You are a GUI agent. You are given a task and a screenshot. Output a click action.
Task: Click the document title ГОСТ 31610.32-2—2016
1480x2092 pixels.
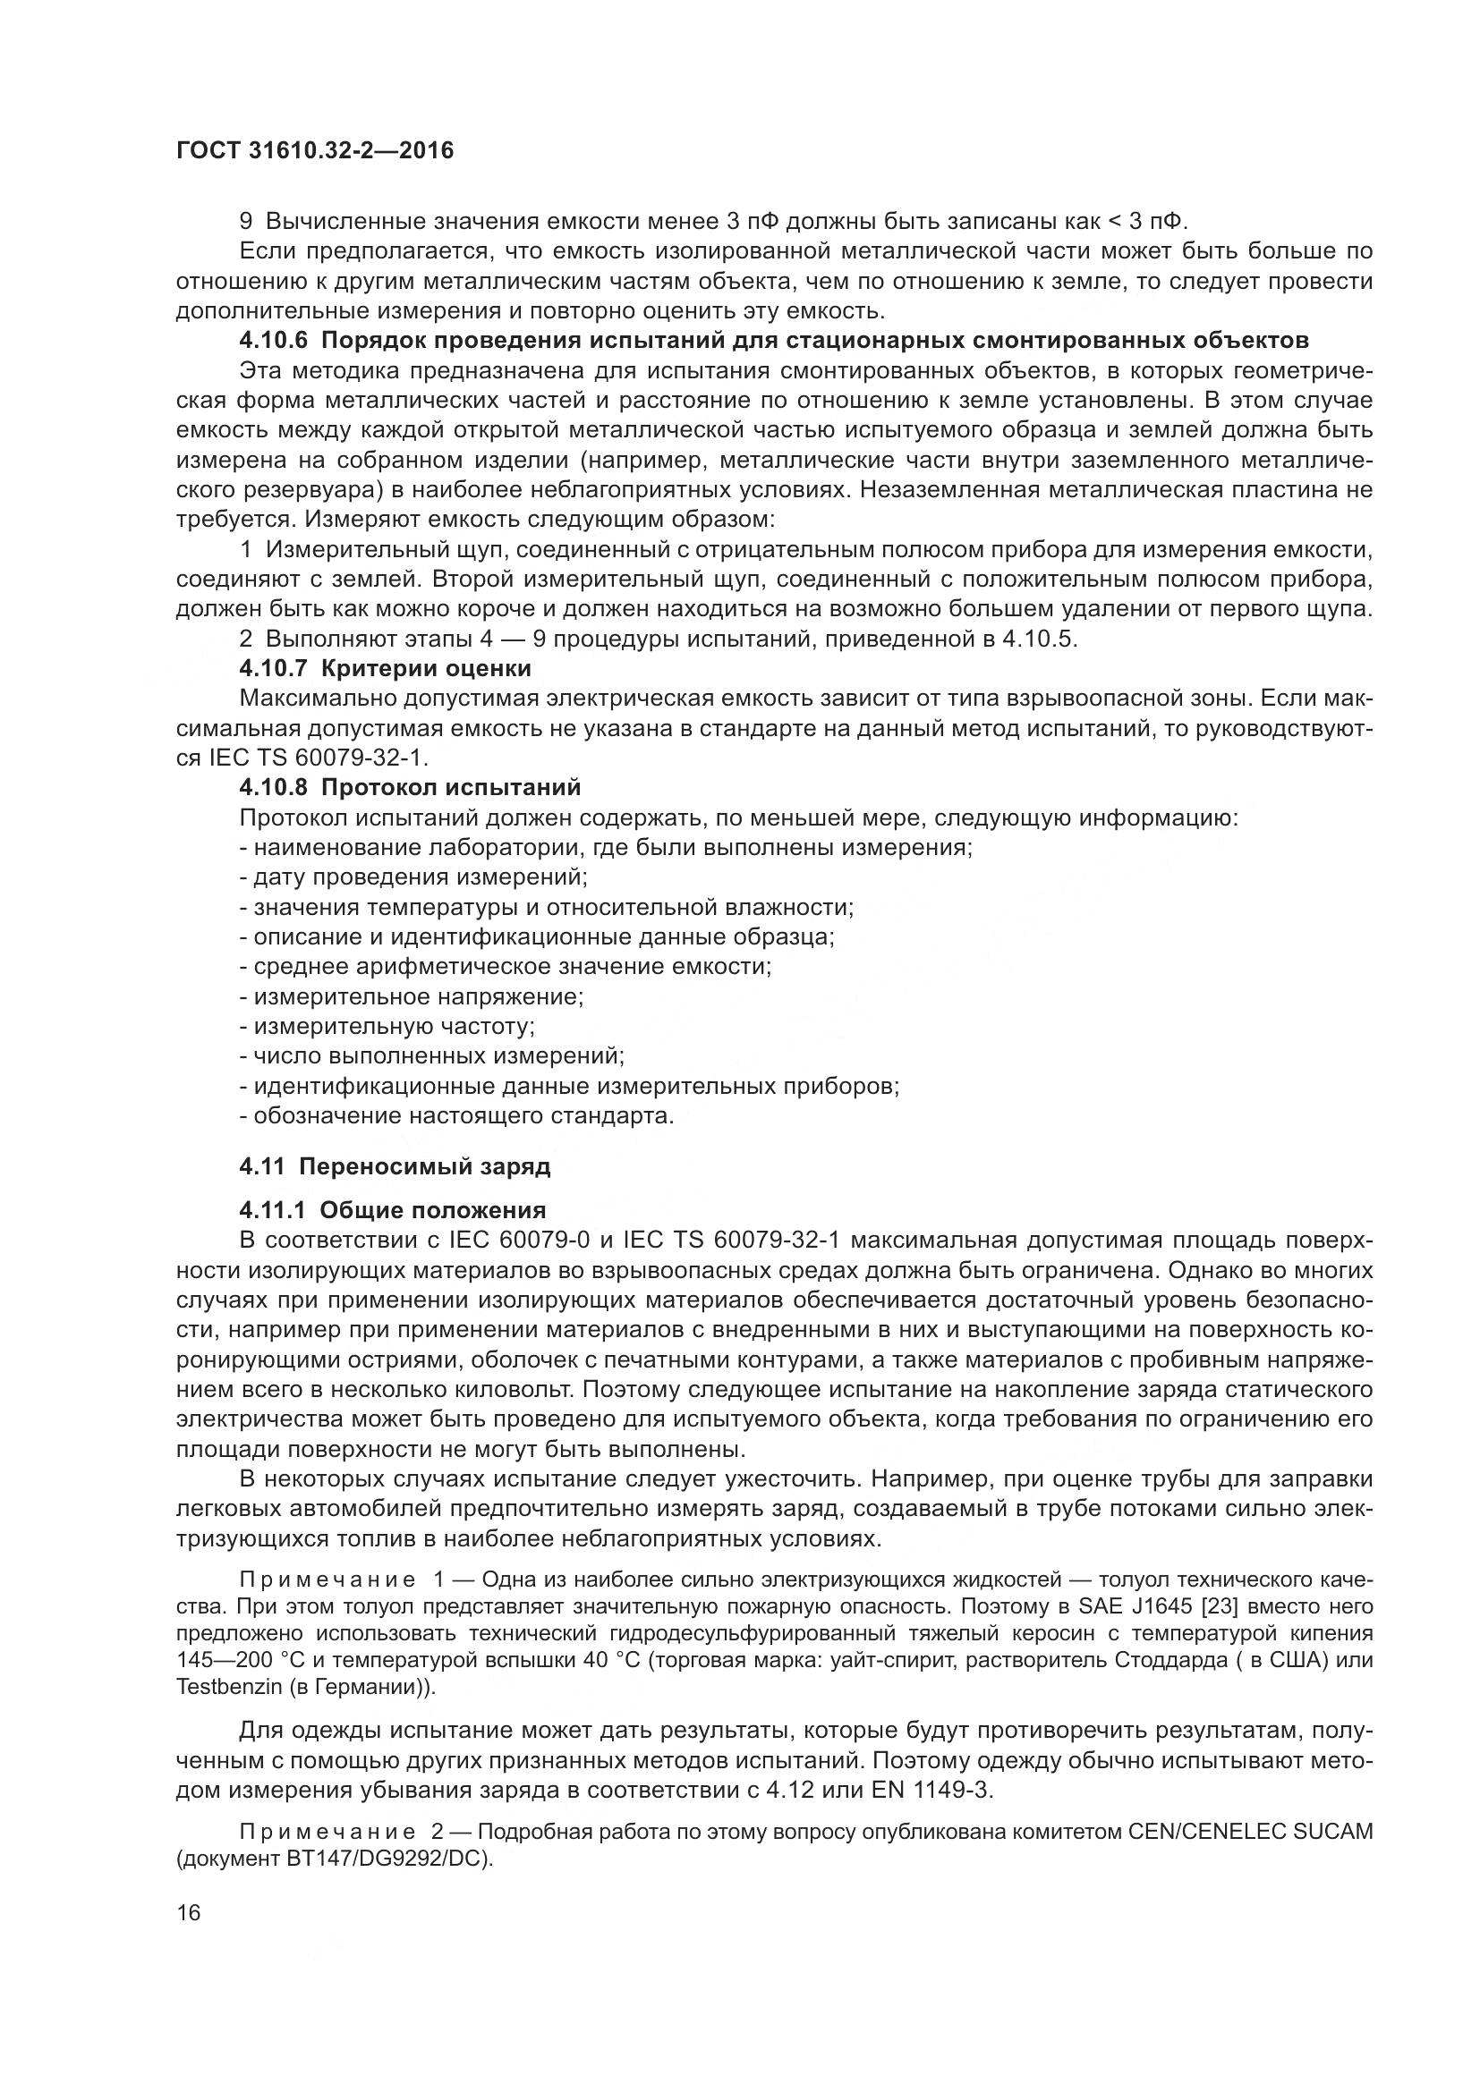(x=314, y=150)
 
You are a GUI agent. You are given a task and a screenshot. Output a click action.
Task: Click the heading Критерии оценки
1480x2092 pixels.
(x=426, y=669)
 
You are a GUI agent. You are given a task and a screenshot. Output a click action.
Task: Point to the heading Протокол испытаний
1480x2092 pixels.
(x=450, y=787)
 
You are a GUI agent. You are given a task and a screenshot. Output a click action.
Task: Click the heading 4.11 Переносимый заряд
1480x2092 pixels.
(x=395, y=1166)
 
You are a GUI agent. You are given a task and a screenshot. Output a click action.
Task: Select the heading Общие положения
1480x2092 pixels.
(x=433, y=1210)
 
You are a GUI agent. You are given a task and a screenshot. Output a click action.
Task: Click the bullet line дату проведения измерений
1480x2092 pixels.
(x=413, y=877)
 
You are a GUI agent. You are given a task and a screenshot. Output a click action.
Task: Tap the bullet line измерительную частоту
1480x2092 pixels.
(x=387, y=1027)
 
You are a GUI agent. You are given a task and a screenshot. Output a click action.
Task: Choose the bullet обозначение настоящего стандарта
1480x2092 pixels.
(x=456, y=1116)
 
